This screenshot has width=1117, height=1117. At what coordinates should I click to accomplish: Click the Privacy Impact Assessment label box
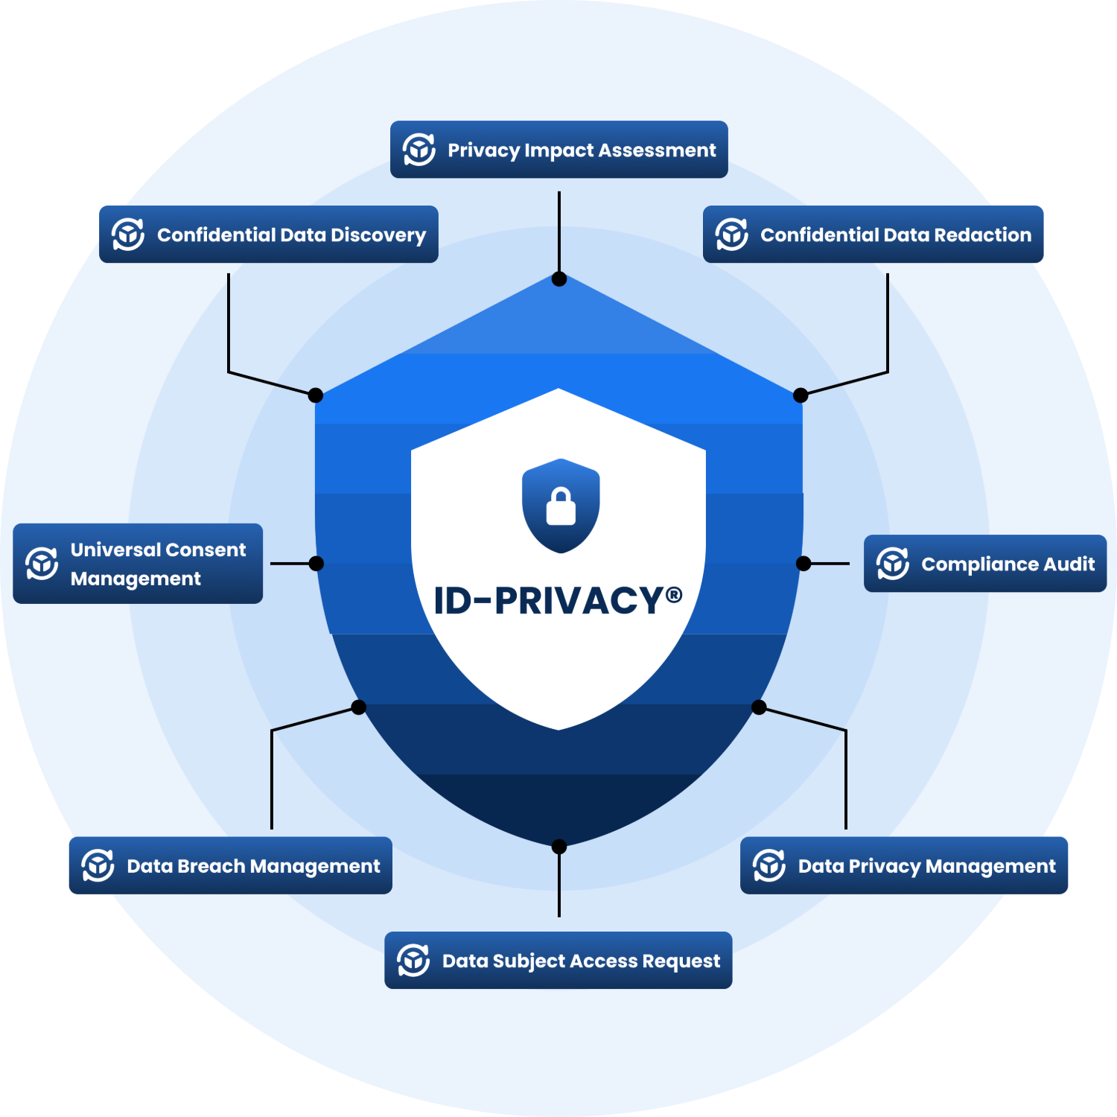558,150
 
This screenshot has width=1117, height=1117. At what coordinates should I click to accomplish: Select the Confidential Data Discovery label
268,235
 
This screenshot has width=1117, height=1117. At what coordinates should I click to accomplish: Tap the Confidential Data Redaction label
873,235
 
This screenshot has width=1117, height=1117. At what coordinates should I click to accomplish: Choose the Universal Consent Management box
138,564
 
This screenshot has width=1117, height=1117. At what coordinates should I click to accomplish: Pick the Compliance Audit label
984,564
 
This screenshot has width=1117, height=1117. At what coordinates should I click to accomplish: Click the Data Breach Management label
230,865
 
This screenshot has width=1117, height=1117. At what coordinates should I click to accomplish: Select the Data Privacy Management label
904,865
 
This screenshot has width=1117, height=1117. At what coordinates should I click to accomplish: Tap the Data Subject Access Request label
558,961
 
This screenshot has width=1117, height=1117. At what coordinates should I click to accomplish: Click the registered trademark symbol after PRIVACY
673,594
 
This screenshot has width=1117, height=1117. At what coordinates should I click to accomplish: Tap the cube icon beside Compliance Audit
892,564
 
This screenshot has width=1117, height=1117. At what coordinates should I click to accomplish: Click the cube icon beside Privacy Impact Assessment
419,150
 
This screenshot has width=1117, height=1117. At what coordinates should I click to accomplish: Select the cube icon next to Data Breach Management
98,865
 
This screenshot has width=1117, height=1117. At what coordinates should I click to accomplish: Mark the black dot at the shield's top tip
559,279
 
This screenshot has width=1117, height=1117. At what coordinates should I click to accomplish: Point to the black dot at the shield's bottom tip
559,847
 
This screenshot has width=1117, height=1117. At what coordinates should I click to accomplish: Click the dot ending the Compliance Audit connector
803,564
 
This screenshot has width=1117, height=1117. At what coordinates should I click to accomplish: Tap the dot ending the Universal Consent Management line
316,564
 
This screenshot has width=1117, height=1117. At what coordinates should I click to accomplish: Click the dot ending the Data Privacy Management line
759,707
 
